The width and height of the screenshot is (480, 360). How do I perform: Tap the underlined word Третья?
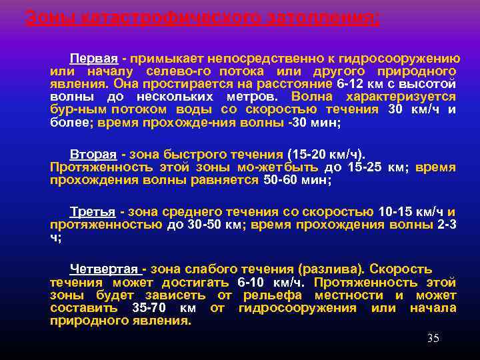click(93, 212)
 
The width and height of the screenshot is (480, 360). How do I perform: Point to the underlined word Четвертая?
click(105, 269)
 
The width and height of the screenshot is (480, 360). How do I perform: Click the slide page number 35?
click(433, 339)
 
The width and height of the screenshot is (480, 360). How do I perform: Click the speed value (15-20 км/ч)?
click(327, 155)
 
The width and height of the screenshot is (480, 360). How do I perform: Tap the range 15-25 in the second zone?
click(363, 167)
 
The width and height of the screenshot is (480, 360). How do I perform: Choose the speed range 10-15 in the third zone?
click(397, 212)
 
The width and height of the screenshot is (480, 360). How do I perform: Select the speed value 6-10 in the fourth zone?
click(251, 282)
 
